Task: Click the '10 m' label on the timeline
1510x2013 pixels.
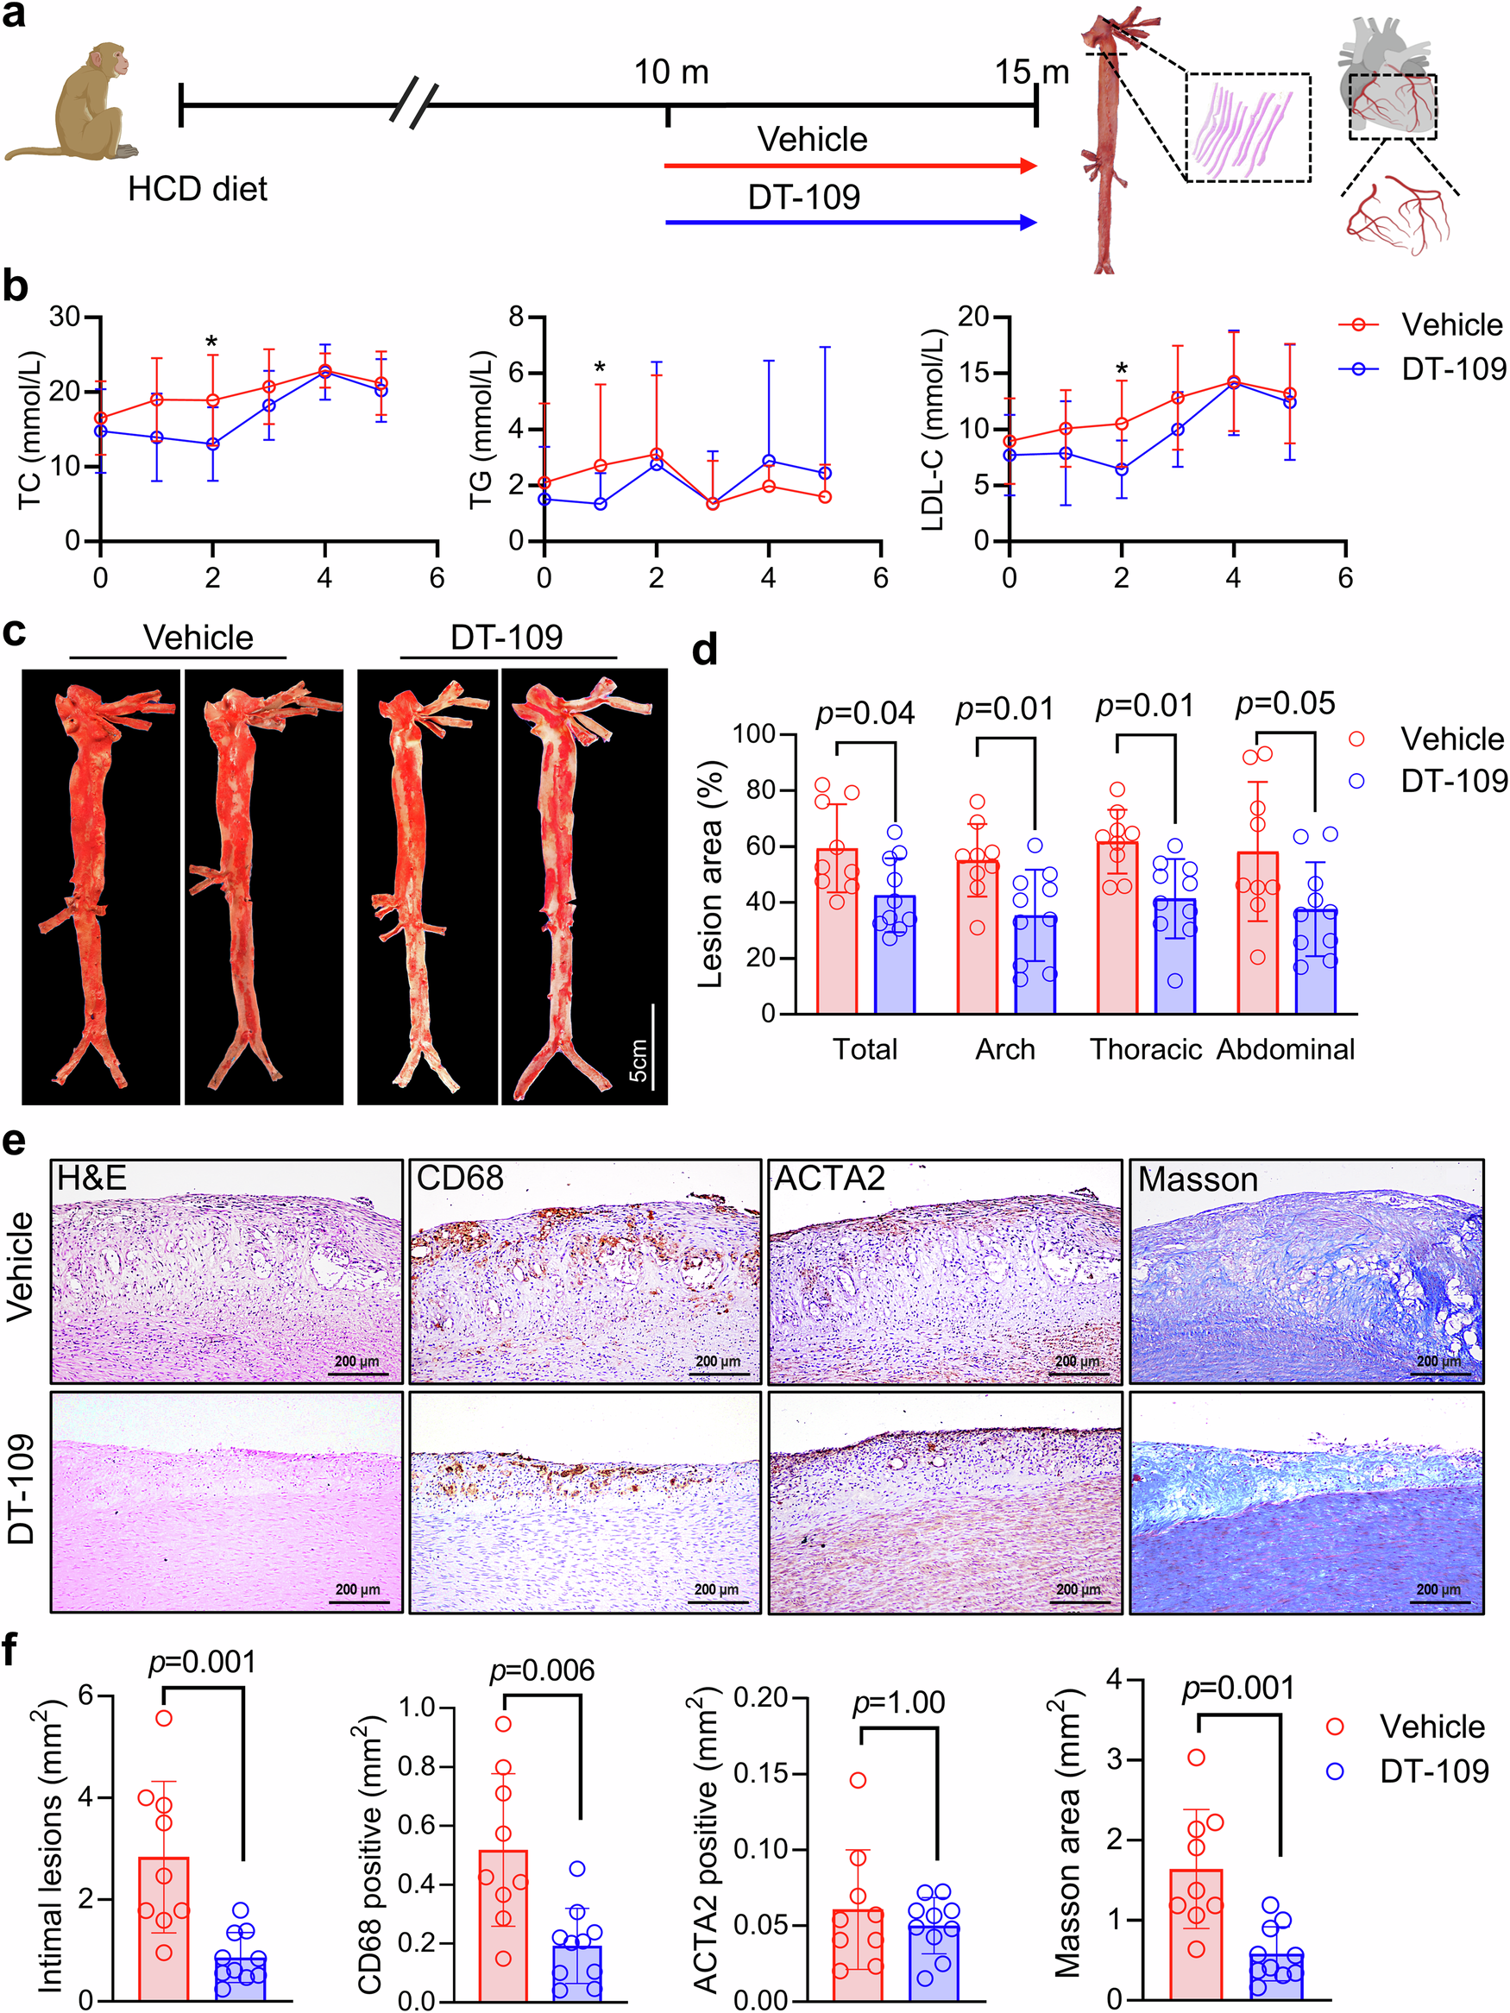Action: pos(670,72)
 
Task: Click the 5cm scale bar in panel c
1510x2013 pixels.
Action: pos(652,1047)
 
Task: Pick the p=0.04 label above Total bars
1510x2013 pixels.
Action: pos(865,714)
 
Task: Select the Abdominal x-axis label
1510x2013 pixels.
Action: pos(1285,1049)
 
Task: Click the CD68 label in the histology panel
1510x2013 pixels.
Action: pos(460,1179)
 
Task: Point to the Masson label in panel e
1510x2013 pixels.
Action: pos(1197,1179)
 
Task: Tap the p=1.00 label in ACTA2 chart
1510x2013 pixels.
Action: pos(897,1702)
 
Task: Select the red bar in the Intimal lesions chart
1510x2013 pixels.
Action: pos(164,1929)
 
